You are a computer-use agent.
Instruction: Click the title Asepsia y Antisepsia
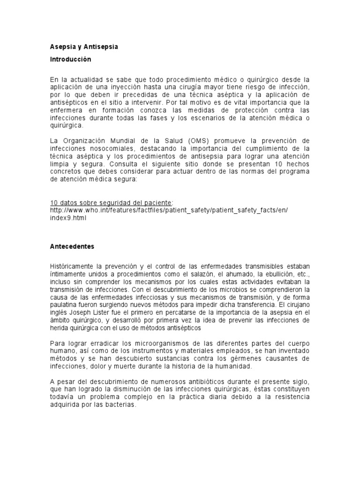pyautogui.click(x=84, y=47)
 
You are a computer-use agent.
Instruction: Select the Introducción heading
pyautogui.click(x=71, y=60)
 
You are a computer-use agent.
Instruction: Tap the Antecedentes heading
pyautogui.click(x=72, y=246)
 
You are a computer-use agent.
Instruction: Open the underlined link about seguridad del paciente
pyautogui.click(x=111, y=203)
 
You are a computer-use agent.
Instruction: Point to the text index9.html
pyautogui.click(x=68, y=218)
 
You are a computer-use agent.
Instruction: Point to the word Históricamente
pyautogui.click(x=74, y=267)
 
